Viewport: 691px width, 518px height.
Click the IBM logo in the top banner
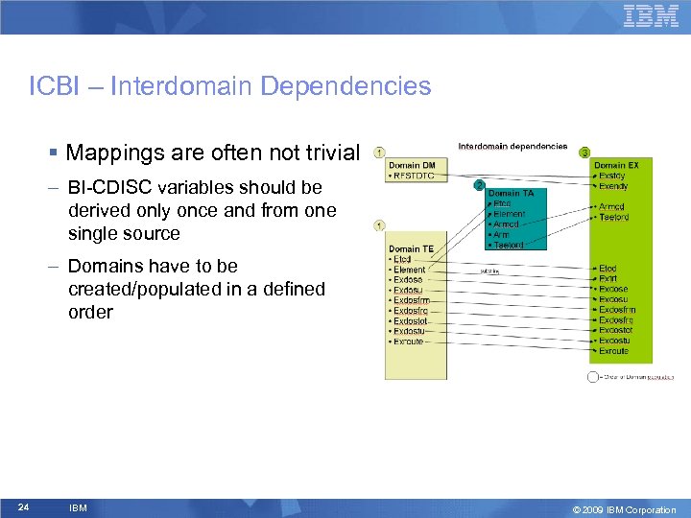click(x=651, y=16)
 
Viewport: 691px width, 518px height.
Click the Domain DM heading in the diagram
click(x=411, y=166)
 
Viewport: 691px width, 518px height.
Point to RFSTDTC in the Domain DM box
click(x=414, y=177)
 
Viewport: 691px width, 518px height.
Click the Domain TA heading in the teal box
click(x=516, y=194)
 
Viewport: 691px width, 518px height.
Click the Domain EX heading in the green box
click(x=616, y=166)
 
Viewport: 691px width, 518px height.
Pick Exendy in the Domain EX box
click(x=612, y=186)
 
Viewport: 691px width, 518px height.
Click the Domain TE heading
click(x=411, y=249)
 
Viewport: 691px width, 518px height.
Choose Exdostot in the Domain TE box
click(x=411, y=321)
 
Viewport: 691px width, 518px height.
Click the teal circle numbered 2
click(x=479, y=184)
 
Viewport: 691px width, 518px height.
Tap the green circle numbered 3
click(x=584, y=153)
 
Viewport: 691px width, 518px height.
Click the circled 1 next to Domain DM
click(x=380, y=153)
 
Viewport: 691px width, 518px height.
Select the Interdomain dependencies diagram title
click(x=512, y=147)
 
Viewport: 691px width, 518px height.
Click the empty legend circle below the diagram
click(x=593, y=377)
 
